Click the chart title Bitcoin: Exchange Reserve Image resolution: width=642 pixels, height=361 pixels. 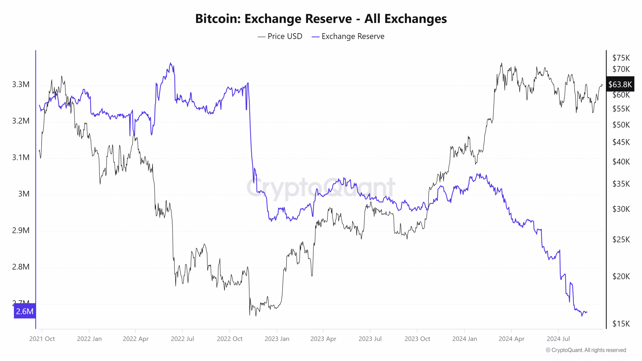[x=321, y=19]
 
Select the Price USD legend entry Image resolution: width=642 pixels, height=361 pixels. [x=280, y=36]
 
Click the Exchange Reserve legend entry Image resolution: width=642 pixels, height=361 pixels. [x=348, y=36]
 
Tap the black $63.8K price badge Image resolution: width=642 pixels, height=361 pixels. [x=620, y=84]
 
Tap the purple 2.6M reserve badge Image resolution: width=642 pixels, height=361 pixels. [x=25, y=311]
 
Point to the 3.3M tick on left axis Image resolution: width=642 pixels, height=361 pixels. [x=21, y=84]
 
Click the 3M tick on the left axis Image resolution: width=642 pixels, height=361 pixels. [x=24, y=194]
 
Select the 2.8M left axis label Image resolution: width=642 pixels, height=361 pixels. [x=21, y=267]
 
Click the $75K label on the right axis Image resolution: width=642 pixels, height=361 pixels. [x=621, y=58]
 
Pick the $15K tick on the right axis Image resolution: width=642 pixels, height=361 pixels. [x=621, y=324]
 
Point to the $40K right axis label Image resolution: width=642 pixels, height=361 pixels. [x=621, y=162]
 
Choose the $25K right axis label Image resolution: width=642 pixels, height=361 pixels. [x=621, y=239]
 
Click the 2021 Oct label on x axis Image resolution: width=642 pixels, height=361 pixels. [x=42, y=339]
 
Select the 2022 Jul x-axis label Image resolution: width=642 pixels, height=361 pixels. [x=182, y=339]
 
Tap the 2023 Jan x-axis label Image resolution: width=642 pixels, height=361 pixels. [x=277, y=339]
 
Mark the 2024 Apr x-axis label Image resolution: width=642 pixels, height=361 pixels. [x=511, y=339]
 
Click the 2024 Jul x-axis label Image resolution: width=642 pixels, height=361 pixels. [x=558, y=339]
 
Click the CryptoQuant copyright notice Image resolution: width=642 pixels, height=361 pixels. [x=586, y=350]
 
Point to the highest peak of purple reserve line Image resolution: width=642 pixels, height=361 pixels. [x=171, y=63]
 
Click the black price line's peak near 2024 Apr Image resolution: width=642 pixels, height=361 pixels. [x=502, y=63]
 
